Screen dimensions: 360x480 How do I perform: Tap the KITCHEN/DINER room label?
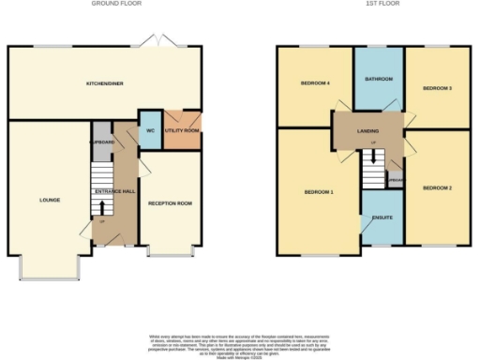coord(105,83)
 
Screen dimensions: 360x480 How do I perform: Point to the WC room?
coord(149,130)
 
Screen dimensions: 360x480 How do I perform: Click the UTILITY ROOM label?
coord(182,130)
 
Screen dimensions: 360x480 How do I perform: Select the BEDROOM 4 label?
coord(314,83)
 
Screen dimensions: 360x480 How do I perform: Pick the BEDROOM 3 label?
coord(437,87)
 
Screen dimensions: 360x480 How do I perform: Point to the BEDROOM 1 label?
coord(318,192)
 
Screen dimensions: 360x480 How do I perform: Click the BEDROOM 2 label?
coord(437,187)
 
